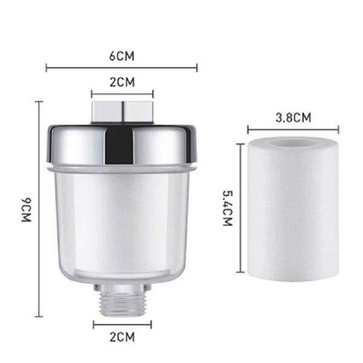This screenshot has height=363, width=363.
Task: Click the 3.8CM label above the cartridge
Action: click(293, 117)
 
